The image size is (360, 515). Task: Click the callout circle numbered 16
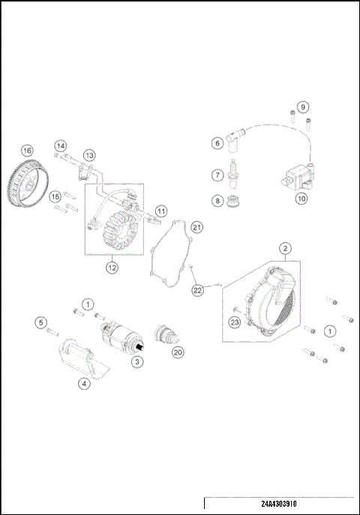pyautogui.click(x=27, y=150)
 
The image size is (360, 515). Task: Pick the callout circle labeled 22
pyautogui.click(x=196, y=290)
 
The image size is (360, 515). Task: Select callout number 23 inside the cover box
pyautogui.click(x=234, y=322)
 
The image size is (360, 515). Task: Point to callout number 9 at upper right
pyautogui.click(x=303, y=107)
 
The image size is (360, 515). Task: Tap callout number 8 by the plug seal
pyautogui.click(x=216, y=200)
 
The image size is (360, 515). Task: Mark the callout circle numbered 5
pyautogui.click(x=41, y=322)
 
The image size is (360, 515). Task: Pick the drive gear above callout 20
pyautogui.click(x=163, y=334)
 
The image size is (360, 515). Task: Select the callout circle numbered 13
pyautogui.click(x=89, y=155)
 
